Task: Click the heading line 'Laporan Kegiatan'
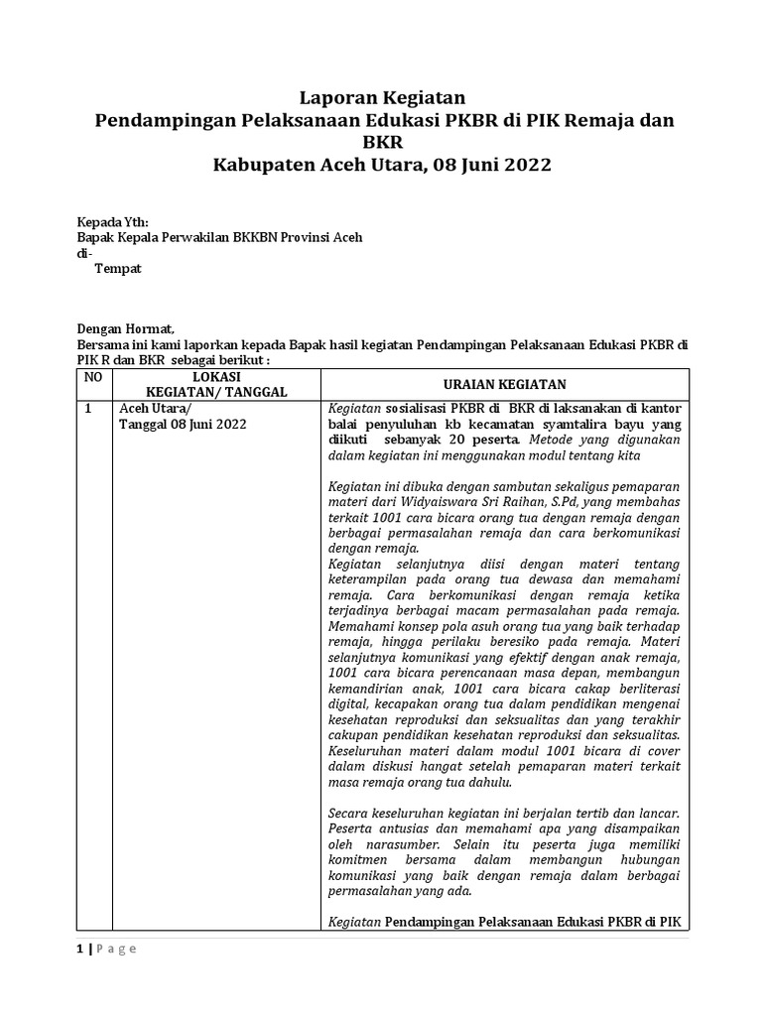coord(382,97)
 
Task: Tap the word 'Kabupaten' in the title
coord(269,165)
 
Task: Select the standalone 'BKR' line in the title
coord(382,143)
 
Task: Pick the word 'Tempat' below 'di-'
coord(117,269)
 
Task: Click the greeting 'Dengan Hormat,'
coord(125,329)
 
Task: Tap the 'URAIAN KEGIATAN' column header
coord(505,384)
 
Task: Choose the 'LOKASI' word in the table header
coord(215,377)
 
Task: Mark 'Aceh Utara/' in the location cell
coord(157,408)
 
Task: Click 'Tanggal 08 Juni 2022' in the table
coord(183,425)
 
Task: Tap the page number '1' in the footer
coord(80,949)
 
